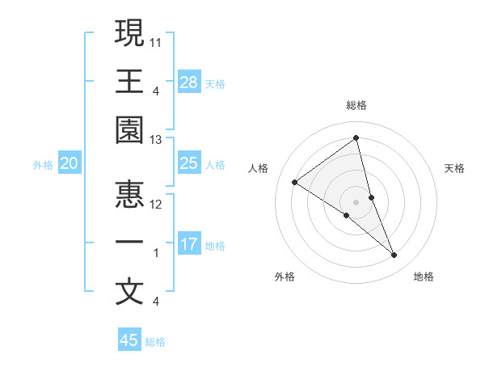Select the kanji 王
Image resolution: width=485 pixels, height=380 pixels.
point(129,81)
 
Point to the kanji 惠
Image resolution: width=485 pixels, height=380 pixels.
point(129,192)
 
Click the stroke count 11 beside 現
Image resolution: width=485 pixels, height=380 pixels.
point(157,40)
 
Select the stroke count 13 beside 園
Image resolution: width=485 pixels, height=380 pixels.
point(157,140)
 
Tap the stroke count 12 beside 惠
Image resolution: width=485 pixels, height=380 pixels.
point(157,204)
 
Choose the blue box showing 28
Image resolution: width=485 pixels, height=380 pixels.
point(189,82)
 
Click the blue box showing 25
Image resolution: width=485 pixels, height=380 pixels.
point(189,163)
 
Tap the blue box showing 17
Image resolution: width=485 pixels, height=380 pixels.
point(189,244)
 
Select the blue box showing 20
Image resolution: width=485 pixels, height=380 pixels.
point(70,163)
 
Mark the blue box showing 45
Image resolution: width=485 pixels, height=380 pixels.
point(129,340)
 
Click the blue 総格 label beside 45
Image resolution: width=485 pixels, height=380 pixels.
point(155,342)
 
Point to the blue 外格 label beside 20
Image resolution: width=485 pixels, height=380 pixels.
point(43,165)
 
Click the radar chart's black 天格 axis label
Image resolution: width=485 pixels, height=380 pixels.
point(455,168)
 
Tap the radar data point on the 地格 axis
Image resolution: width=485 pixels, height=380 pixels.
point(394,255)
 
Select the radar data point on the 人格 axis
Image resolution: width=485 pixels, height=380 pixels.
point(295,182)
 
